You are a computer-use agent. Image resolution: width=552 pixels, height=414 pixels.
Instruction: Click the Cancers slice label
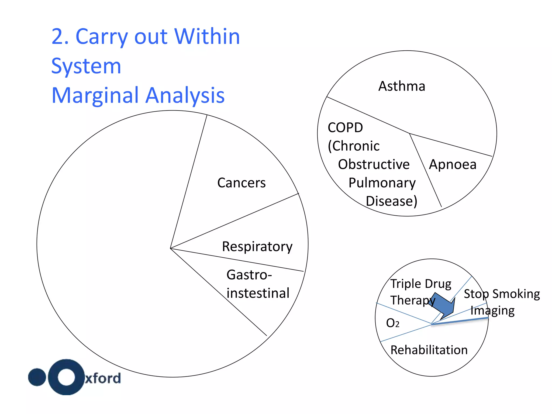click(x=241, y=183)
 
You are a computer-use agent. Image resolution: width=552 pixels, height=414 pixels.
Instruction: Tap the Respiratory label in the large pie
click(x=257, y=247)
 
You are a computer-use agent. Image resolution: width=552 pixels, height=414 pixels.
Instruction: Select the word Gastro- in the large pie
click(x=249, y=275)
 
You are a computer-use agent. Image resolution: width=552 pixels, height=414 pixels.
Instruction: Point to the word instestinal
click(x=258, y=293)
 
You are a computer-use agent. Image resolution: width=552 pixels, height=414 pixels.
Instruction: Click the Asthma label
click(x=402, y=86)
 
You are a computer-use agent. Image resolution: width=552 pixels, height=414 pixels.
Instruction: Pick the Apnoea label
click(x=453, y=164)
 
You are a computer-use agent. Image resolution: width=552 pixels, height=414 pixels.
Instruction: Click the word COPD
click(x=345, y=127)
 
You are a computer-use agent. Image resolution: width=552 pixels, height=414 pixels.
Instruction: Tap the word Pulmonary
click(x=382, y=183)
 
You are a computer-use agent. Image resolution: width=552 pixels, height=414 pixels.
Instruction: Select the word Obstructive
click(x=374, y=164)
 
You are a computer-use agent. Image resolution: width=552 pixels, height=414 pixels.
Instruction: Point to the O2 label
click(x=392, y=323)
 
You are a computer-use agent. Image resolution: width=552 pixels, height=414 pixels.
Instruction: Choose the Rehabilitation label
click(x=429, y=350)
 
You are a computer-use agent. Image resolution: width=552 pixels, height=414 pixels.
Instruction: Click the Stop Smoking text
click(x=502, y=294)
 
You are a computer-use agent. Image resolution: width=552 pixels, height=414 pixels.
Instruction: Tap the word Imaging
click(x=492, y=310)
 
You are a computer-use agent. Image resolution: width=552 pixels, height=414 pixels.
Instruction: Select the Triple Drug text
click(x=421, y=284)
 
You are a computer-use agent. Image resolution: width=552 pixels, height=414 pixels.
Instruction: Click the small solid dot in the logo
click(x=37, y=377)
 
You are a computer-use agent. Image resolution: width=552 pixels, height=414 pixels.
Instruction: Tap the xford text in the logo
click(x=103, y=378)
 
